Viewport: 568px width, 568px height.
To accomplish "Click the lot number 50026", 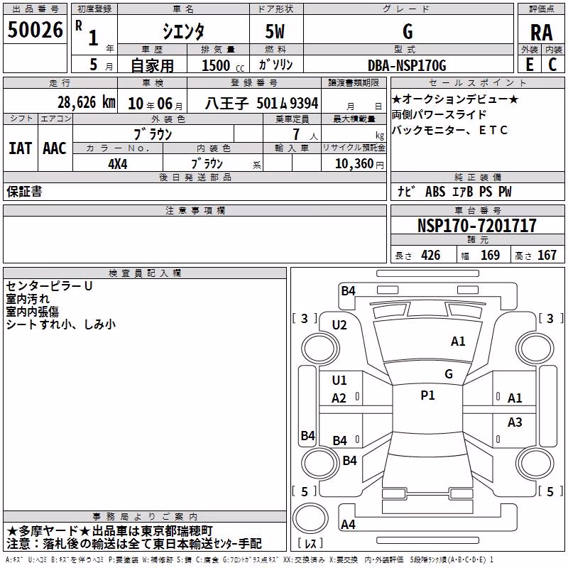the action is coord(35,30).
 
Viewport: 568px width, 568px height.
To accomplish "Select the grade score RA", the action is coord(541,33).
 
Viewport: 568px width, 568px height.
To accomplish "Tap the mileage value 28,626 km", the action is coord(87,102).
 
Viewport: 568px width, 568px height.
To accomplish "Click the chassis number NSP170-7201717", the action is coord(476,225).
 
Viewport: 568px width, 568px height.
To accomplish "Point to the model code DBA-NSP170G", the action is coord(407,65).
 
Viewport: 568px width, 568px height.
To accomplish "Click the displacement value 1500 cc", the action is coord(223,65).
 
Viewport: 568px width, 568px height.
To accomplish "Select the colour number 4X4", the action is coord(118,164).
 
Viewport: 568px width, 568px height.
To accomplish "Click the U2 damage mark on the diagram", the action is coord(339,325).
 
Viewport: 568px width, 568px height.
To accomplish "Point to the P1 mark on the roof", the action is coord(427,395).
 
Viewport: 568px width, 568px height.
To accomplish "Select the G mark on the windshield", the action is coord(449,374).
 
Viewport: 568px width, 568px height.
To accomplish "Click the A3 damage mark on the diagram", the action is coord(515,422).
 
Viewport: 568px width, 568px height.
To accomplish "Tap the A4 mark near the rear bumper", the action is coord(348,524).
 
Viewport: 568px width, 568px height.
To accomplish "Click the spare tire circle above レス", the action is coord(310,518).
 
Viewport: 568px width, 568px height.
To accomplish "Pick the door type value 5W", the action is coord(275,31).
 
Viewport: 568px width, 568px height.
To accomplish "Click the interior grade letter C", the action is coord(552,65).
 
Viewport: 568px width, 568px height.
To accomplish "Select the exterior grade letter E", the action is coord(530,65).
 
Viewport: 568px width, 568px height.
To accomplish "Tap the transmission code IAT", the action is coord(20,148).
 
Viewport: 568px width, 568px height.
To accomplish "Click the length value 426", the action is coord(431,256).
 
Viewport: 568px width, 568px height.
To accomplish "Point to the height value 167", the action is coord(547,256).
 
